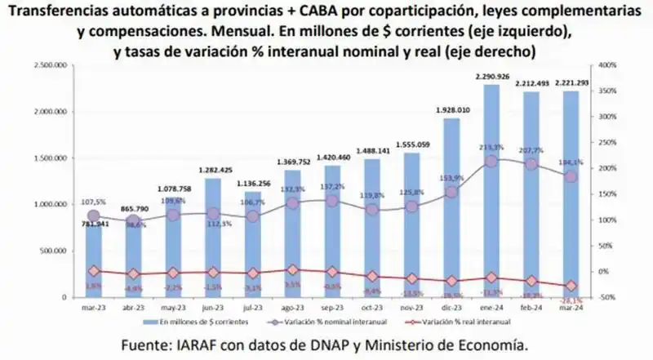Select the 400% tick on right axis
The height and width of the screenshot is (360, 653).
coord(607,64)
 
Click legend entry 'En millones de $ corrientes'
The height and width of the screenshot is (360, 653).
coord(202,322)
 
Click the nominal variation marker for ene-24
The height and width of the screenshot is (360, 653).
coord(491,162)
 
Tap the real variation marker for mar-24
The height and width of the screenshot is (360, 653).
coord(571,286)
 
